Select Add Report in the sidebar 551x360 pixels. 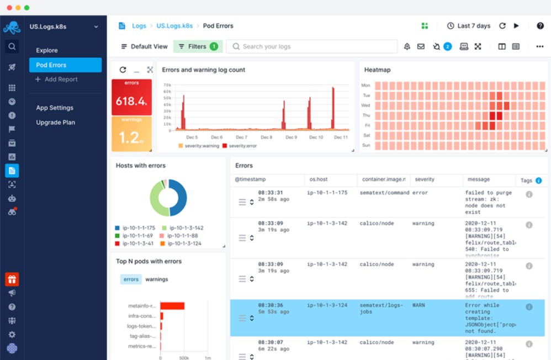(61, 80)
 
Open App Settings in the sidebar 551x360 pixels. (55, 108)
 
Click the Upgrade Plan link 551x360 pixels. (55, 123)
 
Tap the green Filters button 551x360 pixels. (198, 46)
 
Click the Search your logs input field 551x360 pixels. (312, 46)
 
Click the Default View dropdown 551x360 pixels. (145, 46)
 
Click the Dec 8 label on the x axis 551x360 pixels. (266, 137)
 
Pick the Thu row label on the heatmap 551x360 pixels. (366, 115)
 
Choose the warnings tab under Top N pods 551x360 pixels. (157, 279)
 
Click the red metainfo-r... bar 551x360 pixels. (172, 306)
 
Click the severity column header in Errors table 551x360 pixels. (425, 179)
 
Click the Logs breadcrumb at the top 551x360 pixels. (139, 26)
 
